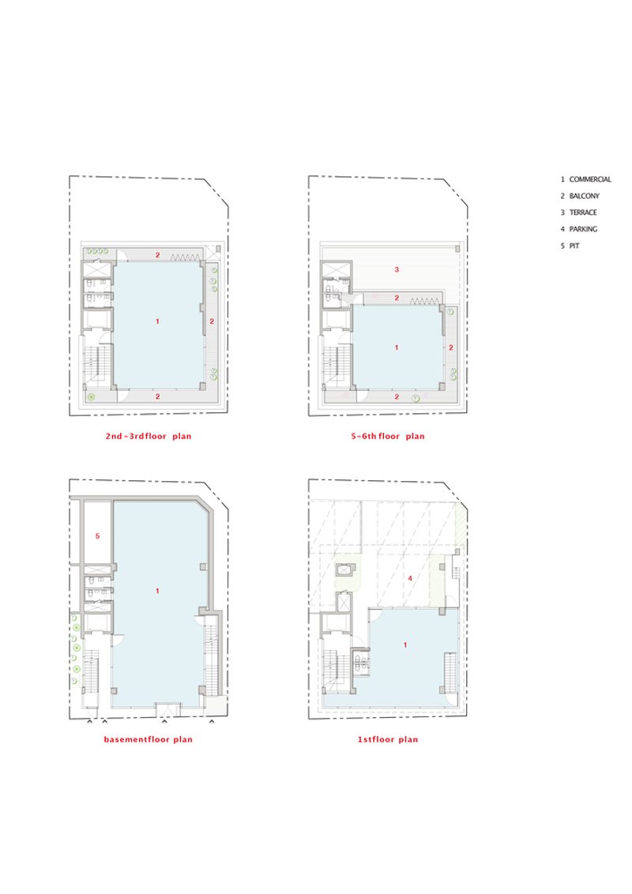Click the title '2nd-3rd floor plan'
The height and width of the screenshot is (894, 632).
pos(149,436)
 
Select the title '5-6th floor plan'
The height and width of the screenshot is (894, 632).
pos(388,436)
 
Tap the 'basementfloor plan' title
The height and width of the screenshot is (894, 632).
pos(149,739)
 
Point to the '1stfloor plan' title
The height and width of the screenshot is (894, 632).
pos(388,739)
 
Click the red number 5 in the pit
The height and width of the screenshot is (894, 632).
pos(97,536)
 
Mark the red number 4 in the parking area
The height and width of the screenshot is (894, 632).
pos(410,578)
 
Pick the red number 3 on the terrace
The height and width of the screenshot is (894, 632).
pos(397,269)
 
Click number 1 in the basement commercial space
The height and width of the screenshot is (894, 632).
pos(158,591)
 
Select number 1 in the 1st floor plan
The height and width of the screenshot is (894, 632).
pos(405,645)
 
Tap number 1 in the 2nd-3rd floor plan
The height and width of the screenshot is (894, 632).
pos(158,321)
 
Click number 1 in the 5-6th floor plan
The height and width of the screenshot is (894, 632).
pos(397,347)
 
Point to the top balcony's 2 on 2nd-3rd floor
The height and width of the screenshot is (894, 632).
pos(158,255)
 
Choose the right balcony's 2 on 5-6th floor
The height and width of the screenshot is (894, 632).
pos(451,347)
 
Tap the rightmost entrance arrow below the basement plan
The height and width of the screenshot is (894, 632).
pos(212,723)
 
